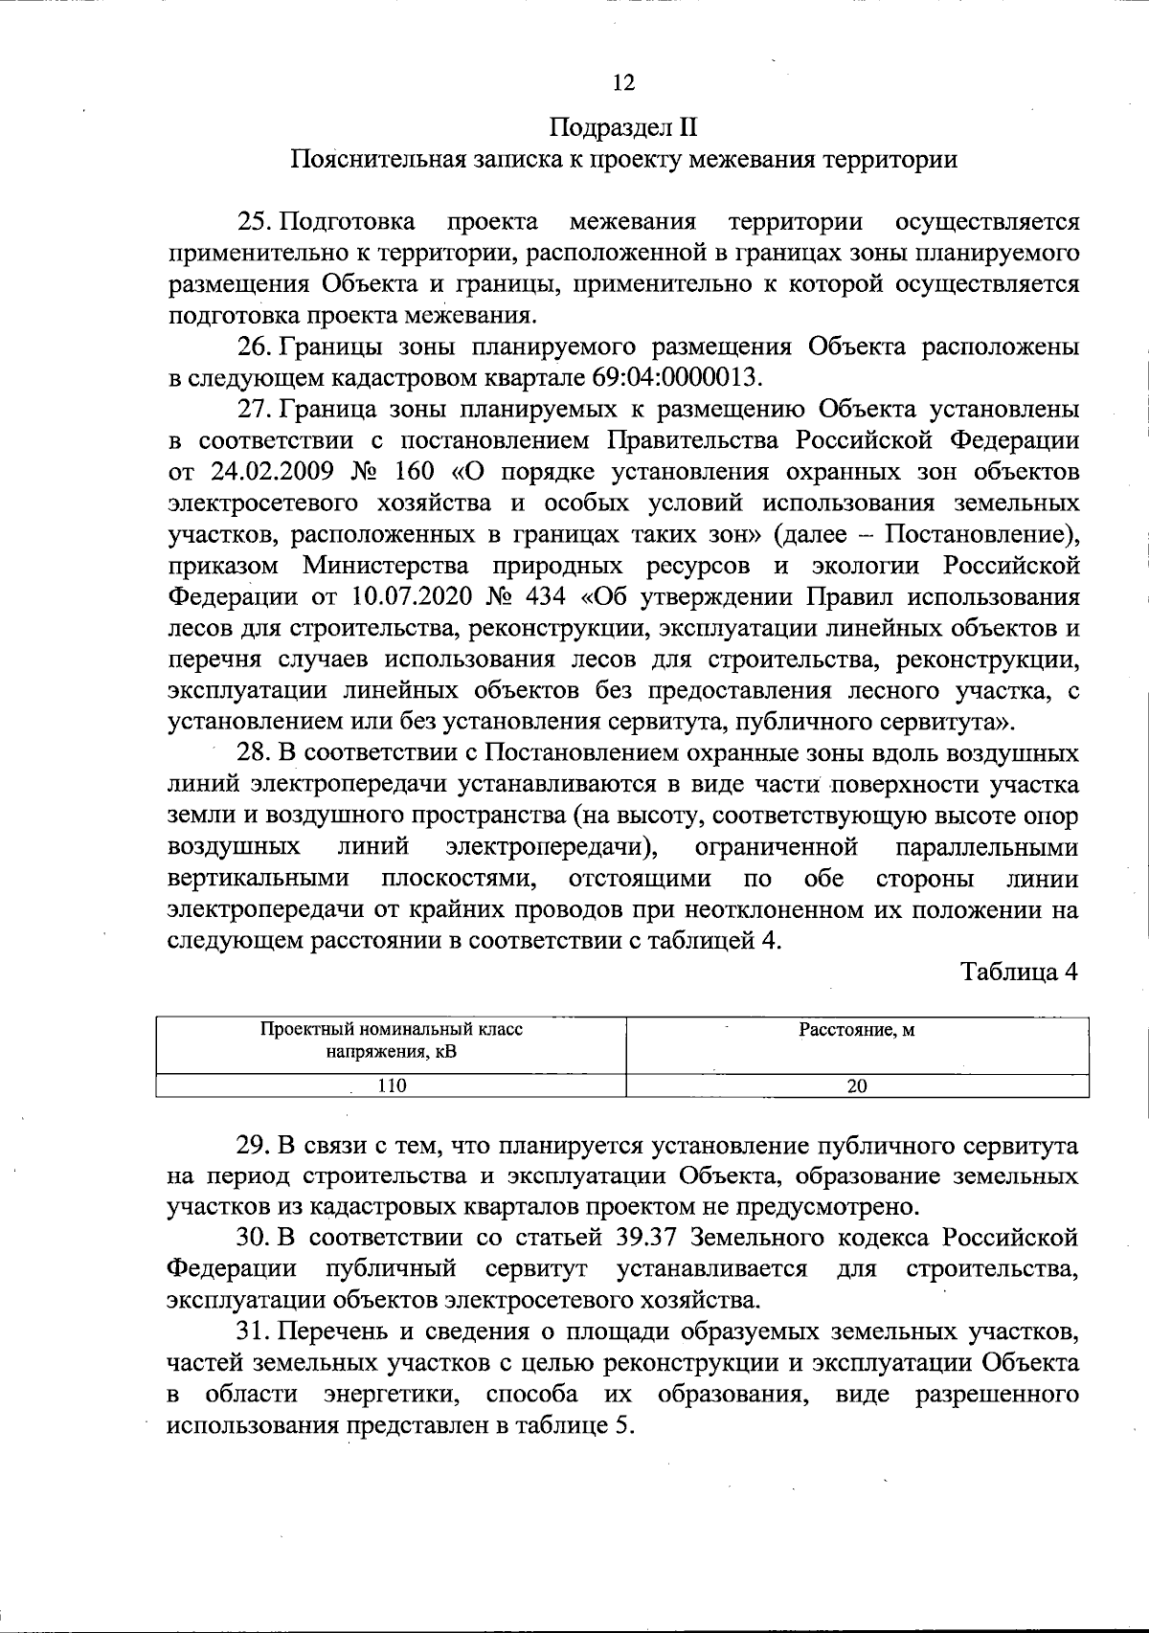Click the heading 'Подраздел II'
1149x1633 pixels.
tap(622, 127)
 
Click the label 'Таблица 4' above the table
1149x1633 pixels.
tap(1020, 972)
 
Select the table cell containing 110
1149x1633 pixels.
tap(391, 1085)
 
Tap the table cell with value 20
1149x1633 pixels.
tap(857, 1085)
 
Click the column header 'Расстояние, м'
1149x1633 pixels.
tap(857, 1031)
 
